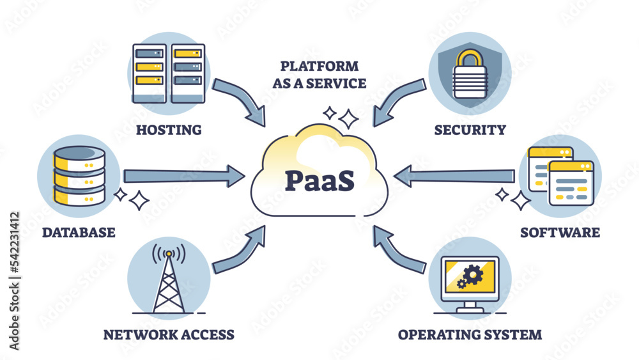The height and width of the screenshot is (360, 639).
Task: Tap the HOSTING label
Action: [x=169, y=130]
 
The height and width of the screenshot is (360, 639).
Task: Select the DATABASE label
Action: [x=79, y=231]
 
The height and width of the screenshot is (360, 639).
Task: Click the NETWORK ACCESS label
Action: [x=169, y=334]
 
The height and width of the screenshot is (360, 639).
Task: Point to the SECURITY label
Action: [x=470, y=130]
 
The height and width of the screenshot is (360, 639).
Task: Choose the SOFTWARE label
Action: [x=560, y=231]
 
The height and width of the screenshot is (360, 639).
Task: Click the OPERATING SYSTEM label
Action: [x=470, y=334]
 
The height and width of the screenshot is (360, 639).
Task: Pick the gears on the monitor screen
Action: [x=471, y=276]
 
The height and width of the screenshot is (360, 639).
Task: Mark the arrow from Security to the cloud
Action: [x=397, y=101]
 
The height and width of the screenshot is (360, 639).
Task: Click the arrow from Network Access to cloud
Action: [x=241, y=249]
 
